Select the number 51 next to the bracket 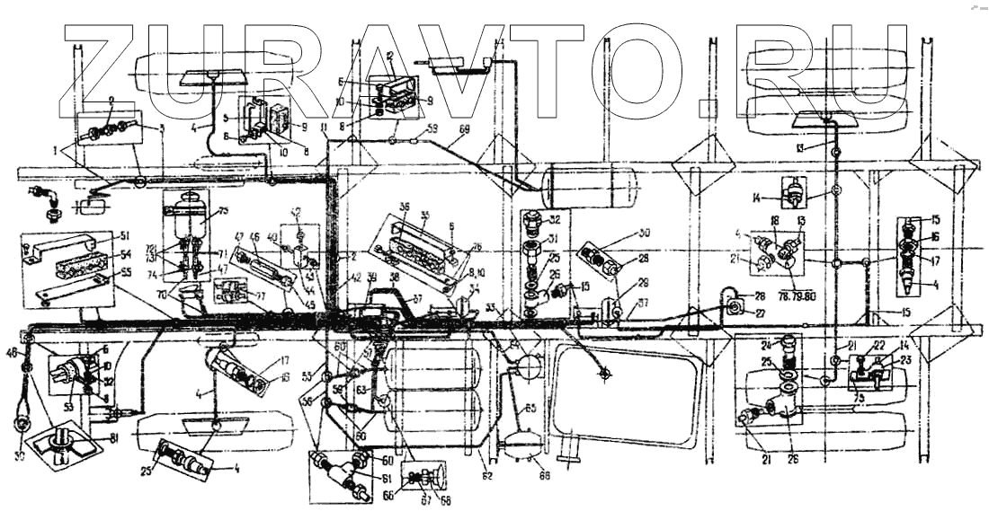(x=123, y=238)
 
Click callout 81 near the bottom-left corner (x=116, y=439)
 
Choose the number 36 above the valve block (x=405, y=206)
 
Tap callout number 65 (x=531, y=409)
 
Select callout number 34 (x=475, y=289)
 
